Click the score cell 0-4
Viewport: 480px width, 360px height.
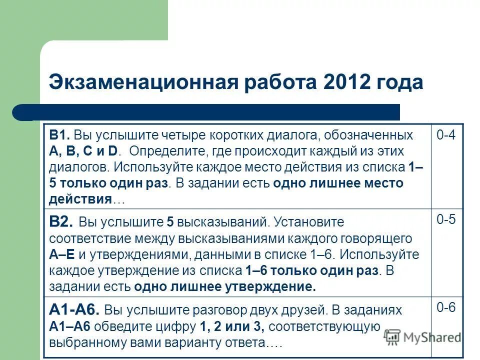pos(446,135)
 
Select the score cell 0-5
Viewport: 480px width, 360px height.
pos(446,220)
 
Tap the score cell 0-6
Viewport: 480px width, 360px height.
pos(446,308)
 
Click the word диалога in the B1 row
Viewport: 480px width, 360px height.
pos(296,135)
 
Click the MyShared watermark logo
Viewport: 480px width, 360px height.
pos(423,336)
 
